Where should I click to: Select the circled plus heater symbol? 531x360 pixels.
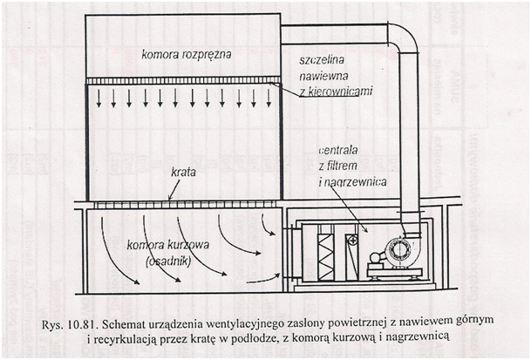point(351,240)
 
